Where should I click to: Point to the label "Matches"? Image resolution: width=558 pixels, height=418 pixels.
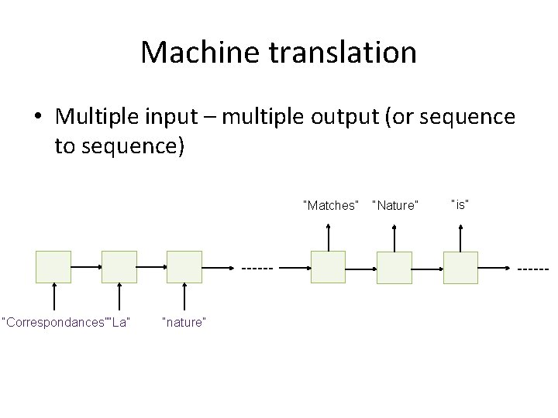(331, 205)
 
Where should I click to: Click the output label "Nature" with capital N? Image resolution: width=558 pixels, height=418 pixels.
(395, 205)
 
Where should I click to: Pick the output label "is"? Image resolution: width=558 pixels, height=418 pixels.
(461, 204)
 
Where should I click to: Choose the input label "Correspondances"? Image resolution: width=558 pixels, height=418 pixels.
(54, 322)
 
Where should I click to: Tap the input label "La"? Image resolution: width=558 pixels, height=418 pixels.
(119, 322)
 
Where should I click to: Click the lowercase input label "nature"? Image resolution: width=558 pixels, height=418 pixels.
(184, 322)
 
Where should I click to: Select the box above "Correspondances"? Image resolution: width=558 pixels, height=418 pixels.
(53, 267)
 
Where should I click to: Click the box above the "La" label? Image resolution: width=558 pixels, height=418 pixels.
(119, 267)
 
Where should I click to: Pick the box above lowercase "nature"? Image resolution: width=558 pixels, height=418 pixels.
(184, 267)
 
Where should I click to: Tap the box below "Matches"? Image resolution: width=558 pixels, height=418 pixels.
(328, 267)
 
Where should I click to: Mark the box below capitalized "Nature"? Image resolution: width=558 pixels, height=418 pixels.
(394, 268)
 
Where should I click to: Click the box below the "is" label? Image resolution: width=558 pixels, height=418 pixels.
(460, 268)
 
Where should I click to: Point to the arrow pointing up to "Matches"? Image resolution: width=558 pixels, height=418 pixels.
(328, 237)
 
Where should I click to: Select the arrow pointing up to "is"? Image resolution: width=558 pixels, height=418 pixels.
(460, 237)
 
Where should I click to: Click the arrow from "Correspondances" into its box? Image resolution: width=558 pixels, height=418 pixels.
(53, 298)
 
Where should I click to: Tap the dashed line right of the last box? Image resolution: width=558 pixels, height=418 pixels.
(532, 269)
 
